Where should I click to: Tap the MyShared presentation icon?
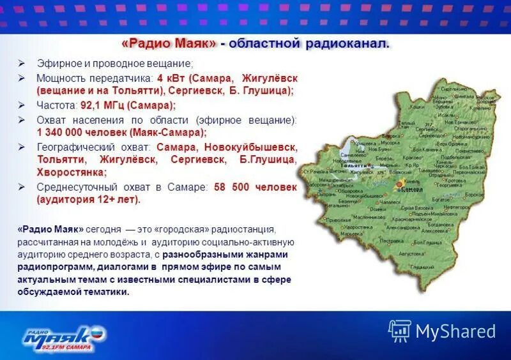pyautogui.click(x=400, y=331)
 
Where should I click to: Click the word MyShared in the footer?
pyautogui.click(x=455, y=331)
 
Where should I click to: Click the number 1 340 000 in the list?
pyautogui.click(x=59, y=133)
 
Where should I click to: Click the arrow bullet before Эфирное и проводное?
pyautogui.click(x=22, y=64)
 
